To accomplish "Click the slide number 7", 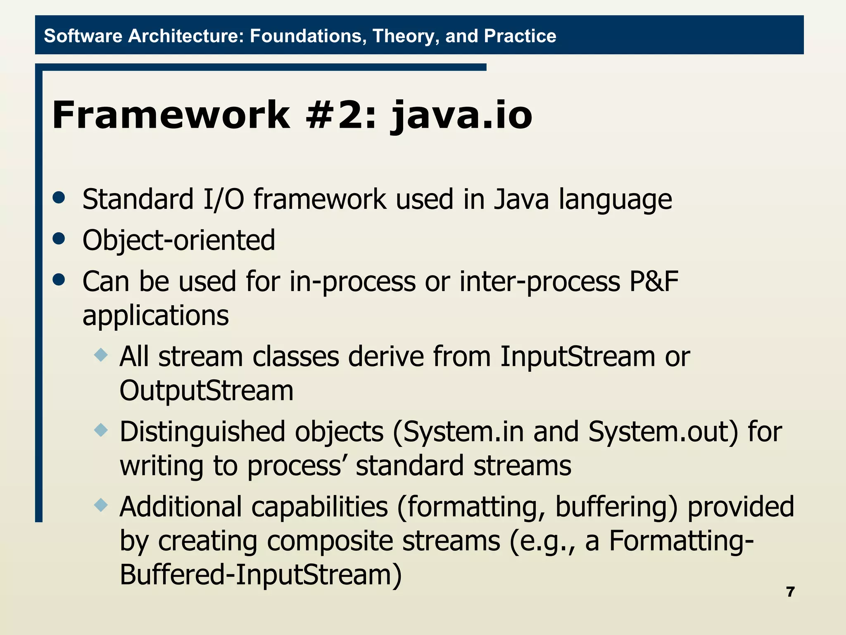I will (x=790, y=592).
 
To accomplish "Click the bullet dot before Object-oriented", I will (x=59, y=239).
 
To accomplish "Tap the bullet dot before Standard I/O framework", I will (x=59, y=198).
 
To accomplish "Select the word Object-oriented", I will (x=178, y=240).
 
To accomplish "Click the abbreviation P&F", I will (x=654, y=282).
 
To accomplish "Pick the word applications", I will (x=155, y=316).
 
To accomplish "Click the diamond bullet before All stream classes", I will (x=101, y=355).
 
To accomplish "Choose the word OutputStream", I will (x=206, y=391).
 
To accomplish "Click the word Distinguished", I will (x=202, y=432).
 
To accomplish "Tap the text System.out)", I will (x=663, y=432).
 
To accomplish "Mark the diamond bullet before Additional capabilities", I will (x=101, y=505).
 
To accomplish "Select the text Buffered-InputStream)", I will (x=261, y=575).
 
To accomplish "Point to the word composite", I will (x=330, y=541).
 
